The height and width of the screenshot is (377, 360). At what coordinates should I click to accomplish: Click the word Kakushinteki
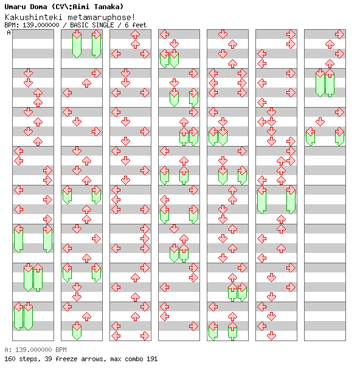[x=29, y=17]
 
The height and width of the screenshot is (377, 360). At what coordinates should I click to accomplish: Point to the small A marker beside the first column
[x=9, y=33]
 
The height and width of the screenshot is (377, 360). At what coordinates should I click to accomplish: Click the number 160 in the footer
[x=9, y=359]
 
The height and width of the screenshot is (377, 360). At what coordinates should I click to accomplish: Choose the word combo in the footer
[x=133, y=359]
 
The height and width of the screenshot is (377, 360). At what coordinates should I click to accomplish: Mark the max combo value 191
[x=151, y=359]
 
